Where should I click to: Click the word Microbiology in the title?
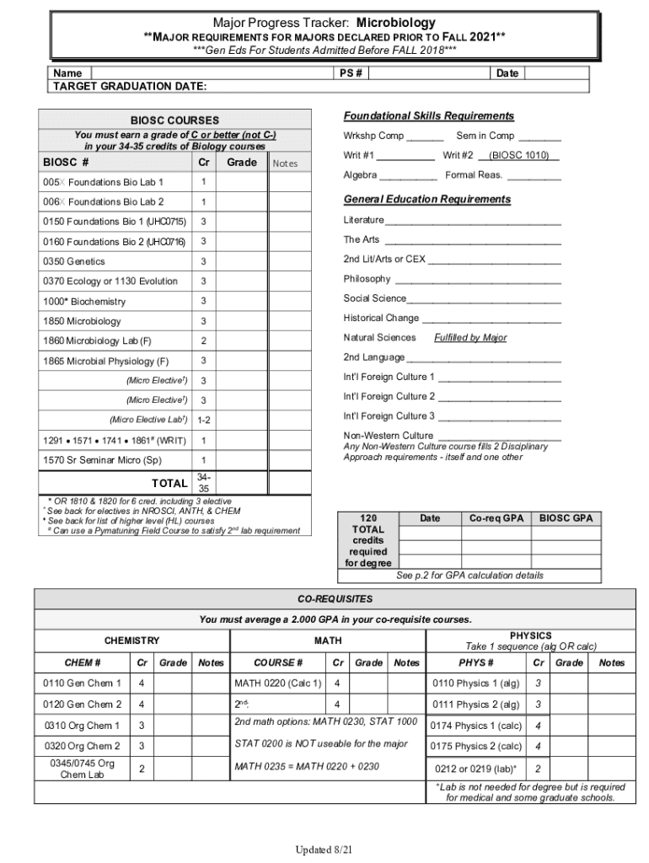(x=395, y=23)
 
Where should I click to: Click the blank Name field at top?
(x=211, y=73)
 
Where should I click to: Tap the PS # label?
(x=351, y=73)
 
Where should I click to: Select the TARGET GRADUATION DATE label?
(x=130, y=87)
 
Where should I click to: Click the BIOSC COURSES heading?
(x=174, y=121)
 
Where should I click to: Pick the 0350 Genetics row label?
(x=73, y=261)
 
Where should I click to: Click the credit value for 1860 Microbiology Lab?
(x=203, y=340)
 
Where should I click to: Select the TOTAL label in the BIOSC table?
(x=169, y=483)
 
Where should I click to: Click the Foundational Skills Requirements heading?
(x=428, y=115)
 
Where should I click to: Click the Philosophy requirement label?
(x=367, y=279)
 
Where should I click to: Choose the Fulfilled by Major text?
(x=470, y=338)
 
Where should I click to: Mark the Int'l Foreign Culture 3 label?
(x=389, y=416)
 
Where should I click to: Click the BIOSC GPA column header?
(x=566, y=517)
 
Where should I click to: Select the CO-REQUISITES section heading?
(x=335, y=598)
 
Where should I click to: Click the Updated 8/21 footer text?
(x=323, y=850)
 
